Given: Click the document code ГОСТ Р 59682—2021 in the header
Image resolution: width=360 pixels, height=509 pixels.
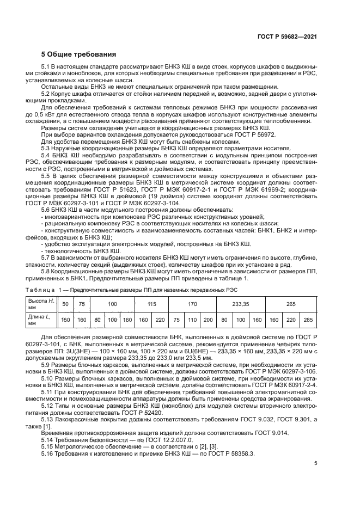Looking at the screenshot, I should [287, 38].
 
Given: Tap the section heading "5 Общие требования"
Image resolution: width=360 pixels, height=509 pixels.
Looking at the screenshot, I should [79, 54].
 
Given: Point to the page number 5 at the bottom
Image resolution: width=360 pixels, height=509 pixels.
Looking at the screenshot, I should [315, 463].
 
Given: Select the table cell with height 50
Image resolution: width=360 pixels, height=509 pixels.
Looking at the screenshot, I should [66, 303].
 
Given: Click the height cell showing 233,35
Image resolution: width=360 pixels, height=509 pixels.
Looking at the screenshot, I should [240, 303].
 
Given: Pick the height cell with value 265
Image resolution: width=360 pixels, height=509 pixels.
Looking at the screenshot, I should [291, 303].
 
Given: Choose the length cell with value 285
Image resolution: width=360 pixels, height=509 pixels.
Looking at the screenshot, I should [308, 320].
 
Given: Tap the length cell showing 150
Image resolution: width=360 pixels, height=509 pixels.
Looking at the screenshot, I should [66, 320].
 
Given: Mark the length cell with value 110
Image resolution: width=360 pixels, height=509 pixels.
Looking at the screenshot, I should [192, 320].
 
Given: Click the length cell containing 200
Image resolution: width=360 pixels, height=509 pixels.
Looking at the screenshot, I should [208, 320].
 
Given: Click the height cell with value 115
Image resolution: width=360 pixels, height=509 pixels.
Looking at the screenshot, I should [152, 303].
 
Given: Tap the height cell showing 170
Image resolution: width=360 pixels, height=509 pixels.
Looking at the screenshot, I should [192, 303].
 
